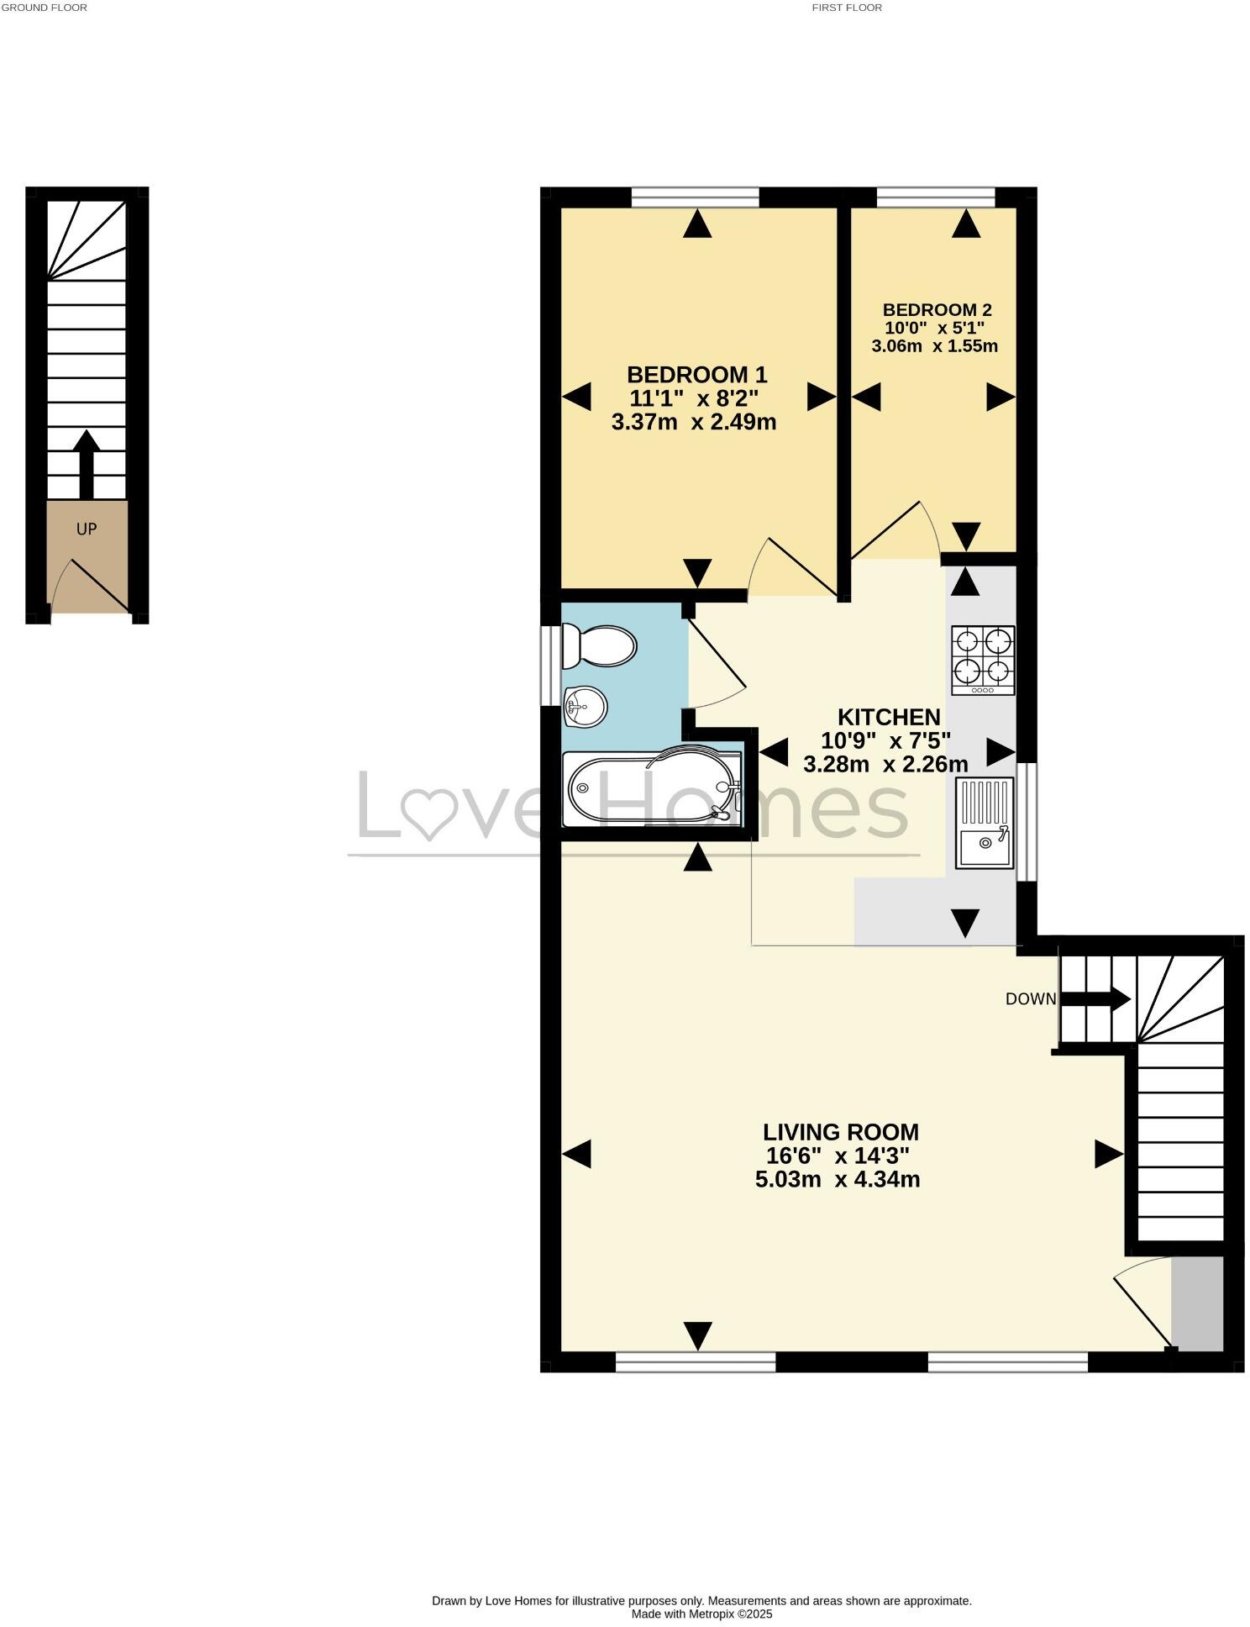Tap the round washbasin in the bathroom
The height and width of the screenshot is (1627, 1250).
[586, 706]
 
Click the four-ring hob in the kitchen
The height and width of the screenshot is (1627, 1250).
[982, 660]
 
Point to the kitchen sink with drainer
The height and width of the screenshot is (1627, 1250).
[985, 822]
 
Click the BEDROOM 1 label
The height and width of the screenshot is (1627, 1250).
[696, 374]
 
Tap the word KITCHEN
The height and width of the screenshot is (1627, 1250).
[888, 717]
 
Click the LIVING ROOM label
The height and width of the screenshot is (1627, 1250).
[840, 1131]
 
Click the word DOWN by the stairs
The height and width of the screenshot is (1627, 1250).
[1030, 998]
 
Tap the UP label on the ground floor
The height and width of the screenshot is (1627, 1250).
[87, 529]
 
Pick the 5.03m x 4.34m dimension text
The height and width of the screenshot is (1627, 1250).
[837, 1179]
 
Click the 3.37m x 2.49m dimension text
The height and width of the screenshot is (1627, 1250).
[693, 422]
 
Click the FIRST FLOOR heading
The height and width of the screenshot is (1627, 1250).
[846, 8]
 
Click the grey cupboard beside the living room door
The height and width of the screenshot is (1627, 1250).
[1196, 1303]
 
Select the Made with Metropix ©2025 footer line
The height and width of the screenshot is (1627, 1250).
[701, 1614]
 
